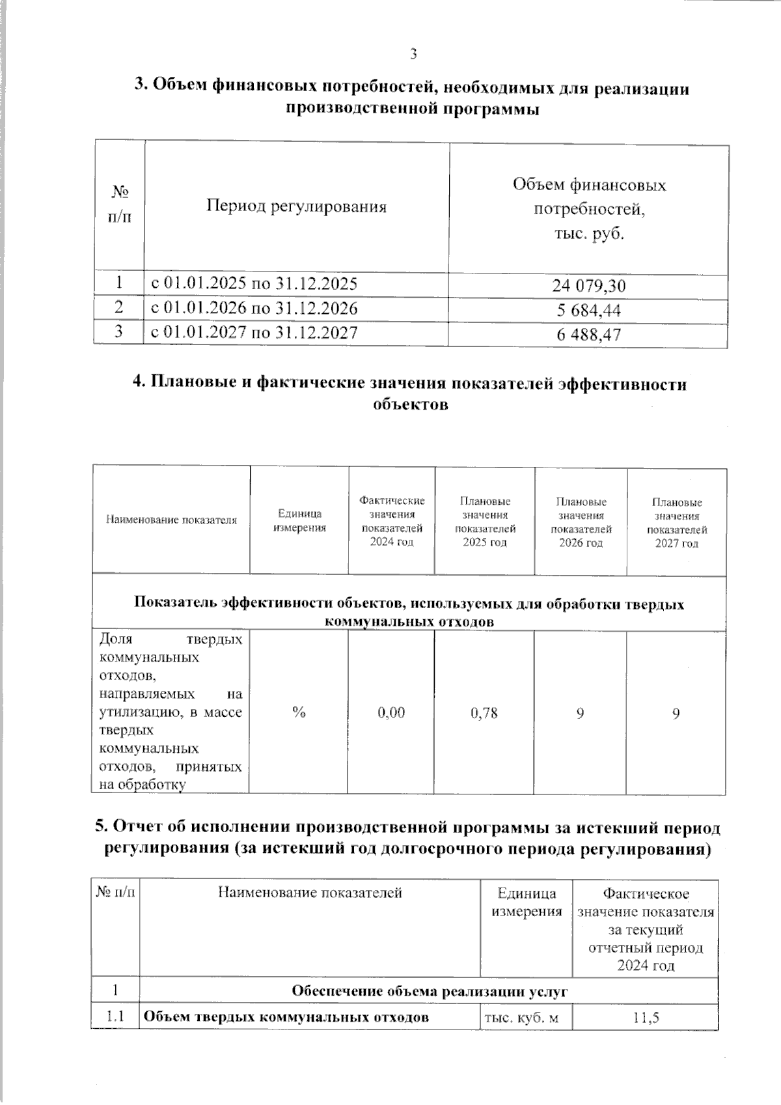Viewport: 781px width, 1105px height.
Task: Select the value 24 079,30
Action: (589, 286)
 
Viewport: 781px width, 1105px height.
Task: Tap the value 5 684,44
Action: (589, 311)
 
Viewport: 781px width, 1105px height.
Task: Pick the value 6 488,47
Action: (589, 335)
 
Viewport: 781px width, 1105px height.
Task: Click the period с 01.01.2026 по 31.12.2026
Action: (254, 308)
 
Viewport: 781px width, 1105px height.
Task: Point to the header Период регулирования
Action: (296, 207)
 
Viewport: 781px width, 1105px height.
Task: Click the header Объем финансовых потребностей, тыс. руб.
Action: (589, 209)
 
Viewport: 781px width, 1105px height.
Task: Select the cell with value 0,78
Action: (484, 713)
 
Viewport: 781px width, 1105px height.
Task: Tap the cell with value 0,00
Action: (391, 713)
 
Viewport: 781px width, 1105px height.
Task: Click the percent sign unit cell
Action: (299, 713)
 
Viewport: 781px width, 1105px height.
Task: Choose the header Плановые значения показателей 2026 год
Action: (581, 522)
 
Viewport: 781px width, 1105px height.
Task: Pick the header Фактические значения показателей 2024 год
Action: (392, 521)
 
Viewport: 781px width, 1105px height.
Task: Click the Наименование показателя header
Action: (171, 520)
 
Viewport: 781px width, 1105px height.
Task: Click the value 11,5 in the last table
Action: (646, 1018)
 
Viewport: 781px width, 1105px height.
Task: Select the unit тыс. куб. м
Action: (521, 1018)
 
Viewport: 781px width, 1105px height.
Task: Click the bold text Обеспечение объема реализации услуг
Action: (430, 992)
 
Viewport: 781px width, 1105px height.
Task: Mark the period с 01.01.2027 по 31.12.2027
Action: (254, 333)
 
